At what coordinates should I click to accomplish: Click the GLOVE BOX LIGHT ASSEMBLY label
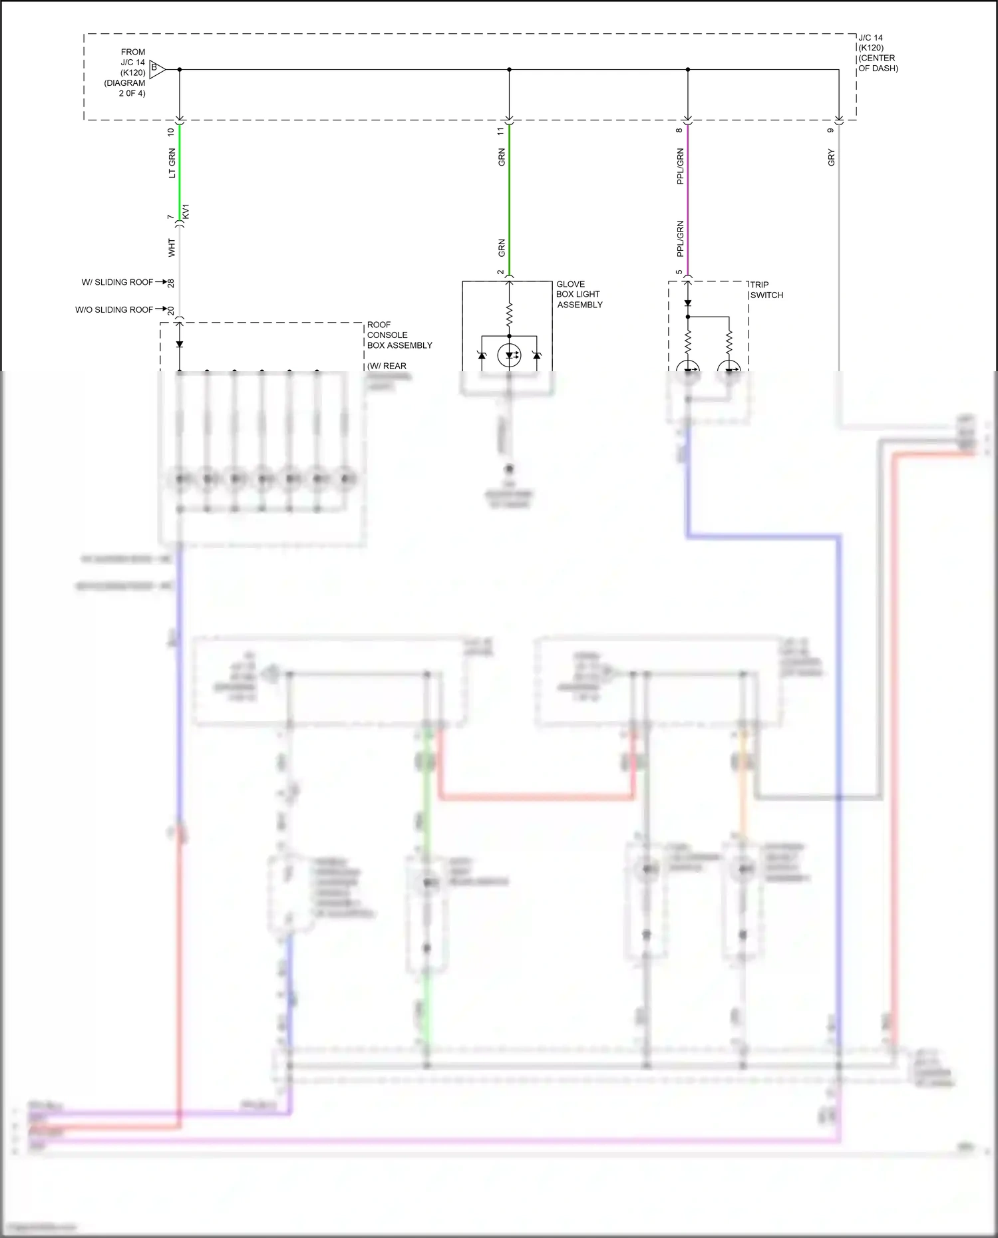coord(579,294)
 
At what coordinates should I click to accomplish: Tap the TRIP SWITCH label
coord(766,290)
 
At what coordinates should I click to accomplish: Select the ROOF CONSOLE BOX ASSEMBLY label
coord(399,335)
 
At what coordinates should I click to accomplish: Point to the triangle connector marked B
coord(156,68)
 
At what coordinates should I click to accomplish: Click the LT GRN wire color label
coord(172,164)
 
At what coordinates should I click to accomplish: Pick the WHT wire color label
coord(172,248)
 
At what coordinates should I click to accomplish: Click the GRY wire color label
coord(831,158)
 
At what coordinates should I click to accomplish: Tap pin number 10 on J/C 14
coord(171,132)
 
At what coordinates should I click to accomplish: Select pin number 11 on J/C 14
coord(501,132)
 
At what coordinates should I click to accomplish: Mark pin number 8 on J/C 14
coord(679,130)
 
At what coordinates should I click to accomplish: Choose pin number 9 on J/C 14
coord(830,130)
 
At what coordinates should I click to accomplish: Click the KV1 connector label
coord(186,212)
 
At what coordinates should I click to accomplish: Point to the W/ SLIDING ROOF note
coord(117,282)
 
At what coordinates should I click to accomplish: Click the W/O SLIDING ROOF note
coord(114,309)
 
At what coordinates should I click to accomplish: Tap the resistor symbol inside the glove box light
coord(509,315)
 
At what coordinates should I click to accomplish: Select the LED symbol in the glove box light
coord(509,355)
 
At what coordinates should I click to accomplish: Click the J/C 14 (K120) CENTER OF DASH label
coord(878,53)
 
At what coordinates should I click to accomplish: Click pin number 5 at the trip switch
coord(679,272)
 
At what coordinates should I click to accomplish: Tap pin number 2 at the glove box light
coord(501,272)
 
